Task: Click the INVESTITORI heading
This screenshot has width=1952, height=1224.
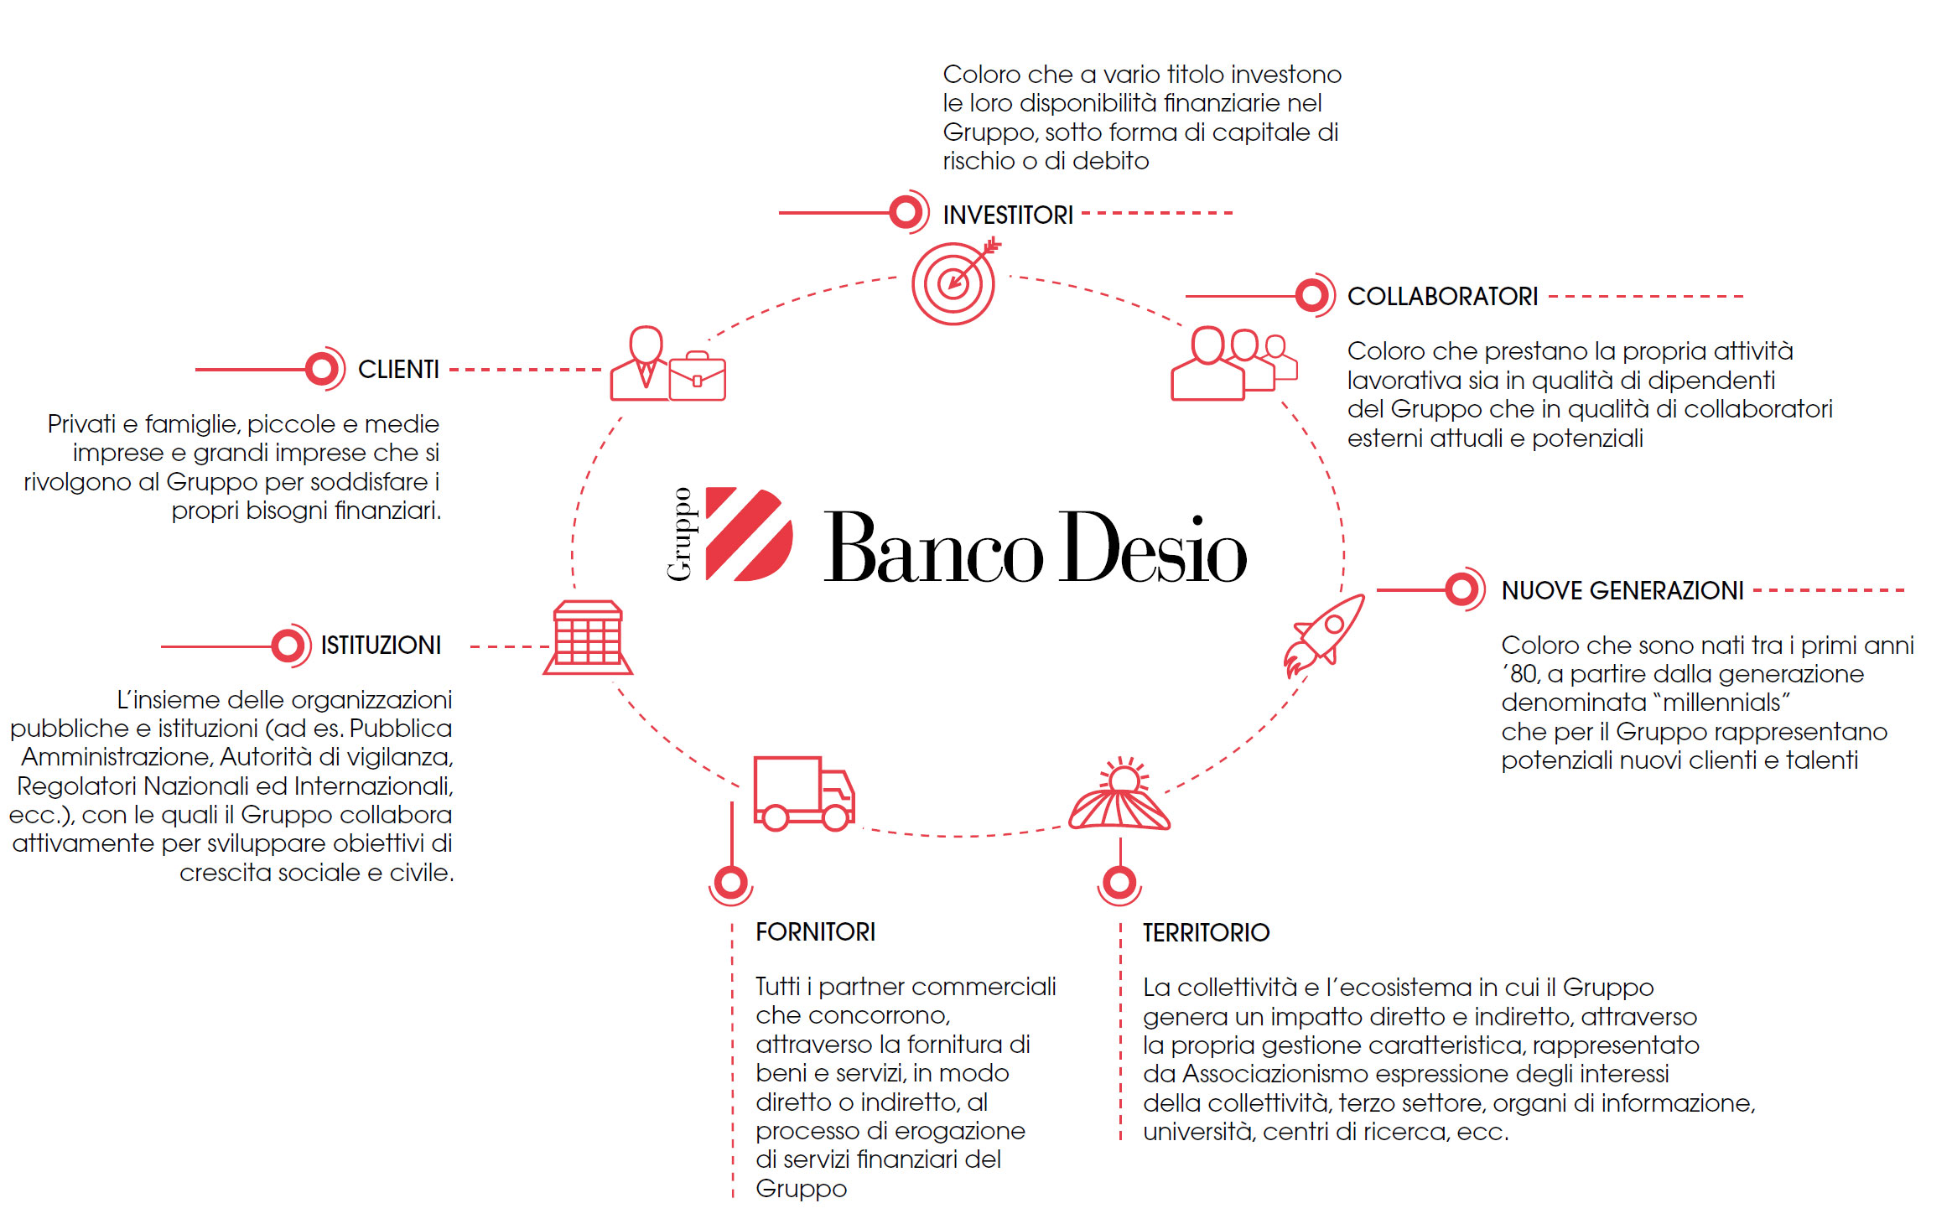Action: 1007,215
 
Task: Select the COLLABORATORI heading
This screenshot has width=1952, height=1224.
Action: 1442,297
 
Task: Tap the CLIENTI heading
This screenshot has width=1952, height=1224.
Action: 398,370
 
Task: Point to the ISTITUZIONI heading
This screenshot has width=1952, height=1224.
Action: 381,646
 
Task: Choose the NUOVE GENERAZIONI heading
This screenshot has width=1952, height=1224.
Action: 1622,591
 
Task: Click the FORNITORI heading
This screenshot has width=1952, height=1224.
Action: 815,932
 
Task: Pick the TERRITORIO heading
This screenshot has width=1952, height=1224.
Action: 1206,933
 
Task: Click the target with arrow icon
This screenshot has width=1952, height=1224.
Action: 954,283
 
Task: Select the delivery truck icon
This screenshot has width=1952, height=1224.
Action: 803,793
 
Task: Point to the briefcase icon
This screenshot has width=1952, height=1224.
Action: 698,377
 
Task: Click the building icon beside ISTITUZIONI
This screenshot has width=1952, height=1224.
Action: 588,638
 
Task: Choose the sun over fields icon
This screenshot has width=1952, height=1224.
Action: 1119,796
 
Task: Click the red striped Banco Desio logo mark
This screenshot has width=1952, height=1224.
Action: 748,534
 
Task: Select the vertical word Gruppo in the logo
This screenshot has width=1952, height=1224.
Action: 680,534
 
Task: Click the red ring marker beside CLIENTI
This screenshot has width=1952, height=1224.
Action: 321,369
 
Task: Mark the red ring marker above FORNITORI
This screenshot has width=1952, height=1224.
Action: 731,882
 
